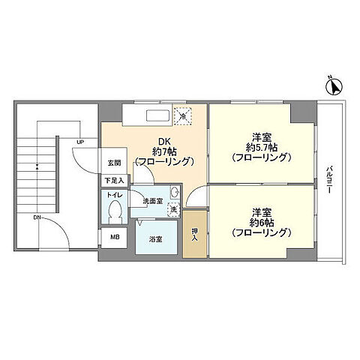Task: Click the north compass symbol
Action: [334, 86]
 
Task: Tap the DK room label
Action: [164, 142]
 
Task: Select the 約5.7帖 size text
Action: [262, 148]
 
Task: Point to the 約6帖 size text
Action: [262, 223]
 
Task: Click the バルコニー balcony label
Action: [328, 179]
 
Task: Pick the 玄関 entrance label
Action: [114, 163]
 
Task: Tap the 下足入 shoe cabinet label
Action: [115, 181]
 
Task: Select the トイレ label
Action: [115, 195]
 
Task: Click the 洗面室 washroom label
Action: [153, 201]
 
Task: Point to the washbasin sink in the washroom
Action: [175, 192]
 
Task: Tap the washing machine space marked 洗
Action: [173, 210]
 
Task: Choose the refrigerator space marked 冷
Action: [183, 115]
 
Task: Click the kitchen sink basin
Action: [157, 115]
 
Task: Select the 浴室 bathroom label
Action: [155, 239]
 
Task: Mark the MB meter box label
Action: [115, 237]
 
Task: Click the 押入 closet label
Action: [194, 234]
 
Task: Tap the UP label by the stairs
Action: [80, 142]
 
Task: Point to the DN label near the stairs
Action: [37, 217]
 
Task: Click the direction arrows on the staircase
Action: [37, 166]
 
